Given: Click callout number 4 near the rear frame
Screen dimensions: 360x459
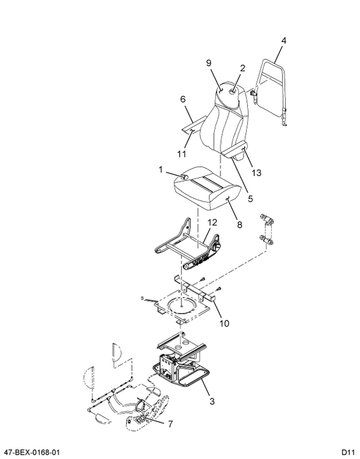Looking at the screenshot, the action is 284,40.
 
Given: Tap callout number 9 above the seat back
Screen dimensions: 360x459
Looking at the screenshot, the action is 209,63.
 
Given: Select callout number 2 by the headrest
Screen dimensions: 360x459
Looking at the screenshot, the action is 242,68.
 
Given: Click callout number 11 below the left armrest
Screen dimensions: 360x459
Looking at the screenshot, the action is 182,154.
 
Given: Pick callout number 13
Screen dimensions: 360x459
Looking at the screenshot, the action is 256,173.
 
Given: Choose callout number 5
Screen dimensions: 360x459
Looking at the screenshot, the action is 250,198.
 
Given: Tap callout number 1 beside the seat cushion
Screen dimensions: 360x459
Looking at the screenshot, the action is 161,170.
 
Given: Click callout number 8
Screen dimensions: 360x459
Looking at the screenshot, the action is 240,224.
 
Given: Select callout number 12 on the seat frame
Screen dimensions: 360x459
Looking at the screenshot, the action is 212,222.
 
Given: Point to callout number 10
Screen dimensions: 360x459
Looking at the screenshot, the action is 224,323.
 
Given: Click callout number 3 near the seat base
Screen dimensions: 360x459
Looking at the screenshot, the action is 212,401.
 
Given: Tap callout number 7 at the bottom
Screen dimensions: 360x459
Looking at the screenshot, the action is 170,423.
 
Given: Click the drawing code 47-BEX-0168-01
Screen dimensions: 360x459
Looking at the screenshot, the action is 31,452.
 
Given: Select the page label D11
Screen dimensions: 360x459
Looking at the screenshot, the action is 349,452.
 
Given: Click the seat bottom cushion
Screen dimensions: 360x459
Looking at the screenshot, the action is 207,189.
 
